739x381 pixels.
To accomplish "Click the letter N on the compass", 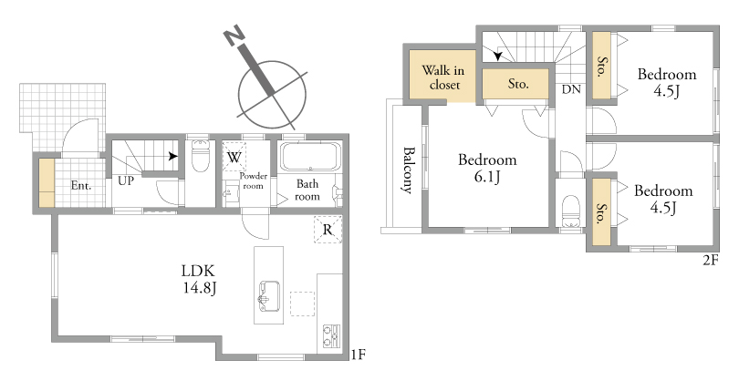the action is tap(234, 36).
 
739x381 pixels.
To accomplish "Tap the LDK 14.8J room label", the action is tap(199, 279).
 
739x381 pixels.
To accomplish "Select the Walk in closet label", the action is tap(443, 77).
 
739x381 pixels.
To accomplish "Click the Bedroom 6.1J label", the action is tap(487, 168).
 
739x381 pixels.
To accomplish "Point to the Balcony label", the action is tap(409, 170).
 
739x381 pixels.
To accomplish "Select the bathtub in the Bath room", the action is tap(310, 157).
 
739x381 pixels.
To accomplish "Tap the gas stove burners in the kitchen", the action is tap(332, 336).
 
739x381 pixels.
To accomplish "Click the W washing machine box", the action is tap(234, 154).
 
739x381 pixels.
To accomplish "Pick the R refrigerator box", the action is tap(328, 230).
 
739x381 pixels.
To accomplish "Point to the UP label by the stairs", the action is tap(126, 180).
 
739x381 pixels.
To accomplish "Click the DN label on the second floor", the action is tap(571, 89).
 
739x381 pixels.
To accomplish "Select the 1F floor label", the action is tap(359, 355).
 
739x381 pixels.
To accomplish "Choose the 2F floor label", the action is tap(711, 260).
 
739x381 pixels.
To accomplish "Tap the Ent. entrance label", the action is tap(81, 186).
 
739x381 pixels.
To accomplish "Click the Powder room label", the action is tap(253, 180).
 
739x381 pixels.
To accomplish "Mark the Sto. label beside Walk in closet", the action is tap(518, 84).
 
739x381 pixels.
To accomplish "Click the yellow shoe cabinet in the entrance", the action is tap(47, 182).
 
